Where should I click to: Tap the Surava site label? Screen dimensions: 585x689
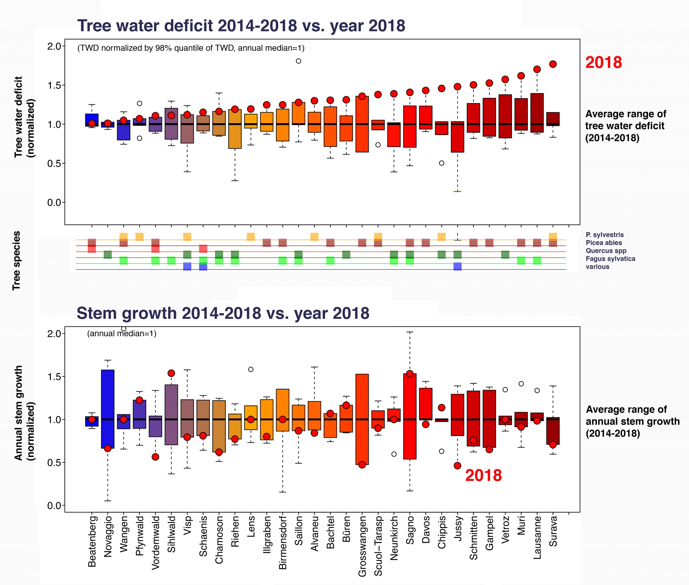[x=553, y=531]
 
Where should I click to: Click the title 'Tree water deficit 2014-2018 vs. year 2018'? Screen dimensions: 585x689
[x=241, y=26]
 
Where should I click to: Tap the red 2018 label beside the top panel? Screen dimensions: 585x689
[x=603, y=62]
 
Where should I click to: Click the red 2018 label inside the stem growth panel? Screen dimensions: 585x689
[x=483, y=476]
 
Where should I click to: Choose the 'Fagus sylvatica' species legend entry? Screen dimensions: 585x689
[x=610, y=259]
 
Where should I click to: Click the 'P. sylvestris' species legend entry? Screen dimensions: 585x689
[x=605, y=235]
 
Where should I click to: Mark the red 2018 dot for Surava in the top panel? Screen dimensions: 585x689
[x=553, y=64]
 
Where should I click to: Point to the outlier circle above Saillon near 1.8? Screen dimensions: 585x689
[x=298, y=61]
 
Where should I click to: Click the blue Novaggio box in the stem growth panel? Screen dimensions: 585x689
[x=108, y=409]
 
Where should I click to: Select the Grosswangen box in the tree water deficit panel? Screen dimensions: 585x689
[x=362, y=124]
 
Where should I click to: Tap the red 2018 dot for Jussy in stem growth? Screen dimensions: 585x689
[x=457, y=466]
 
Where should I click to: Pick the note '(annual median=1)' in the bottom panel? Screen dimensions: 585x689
[x=121, y=333]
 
